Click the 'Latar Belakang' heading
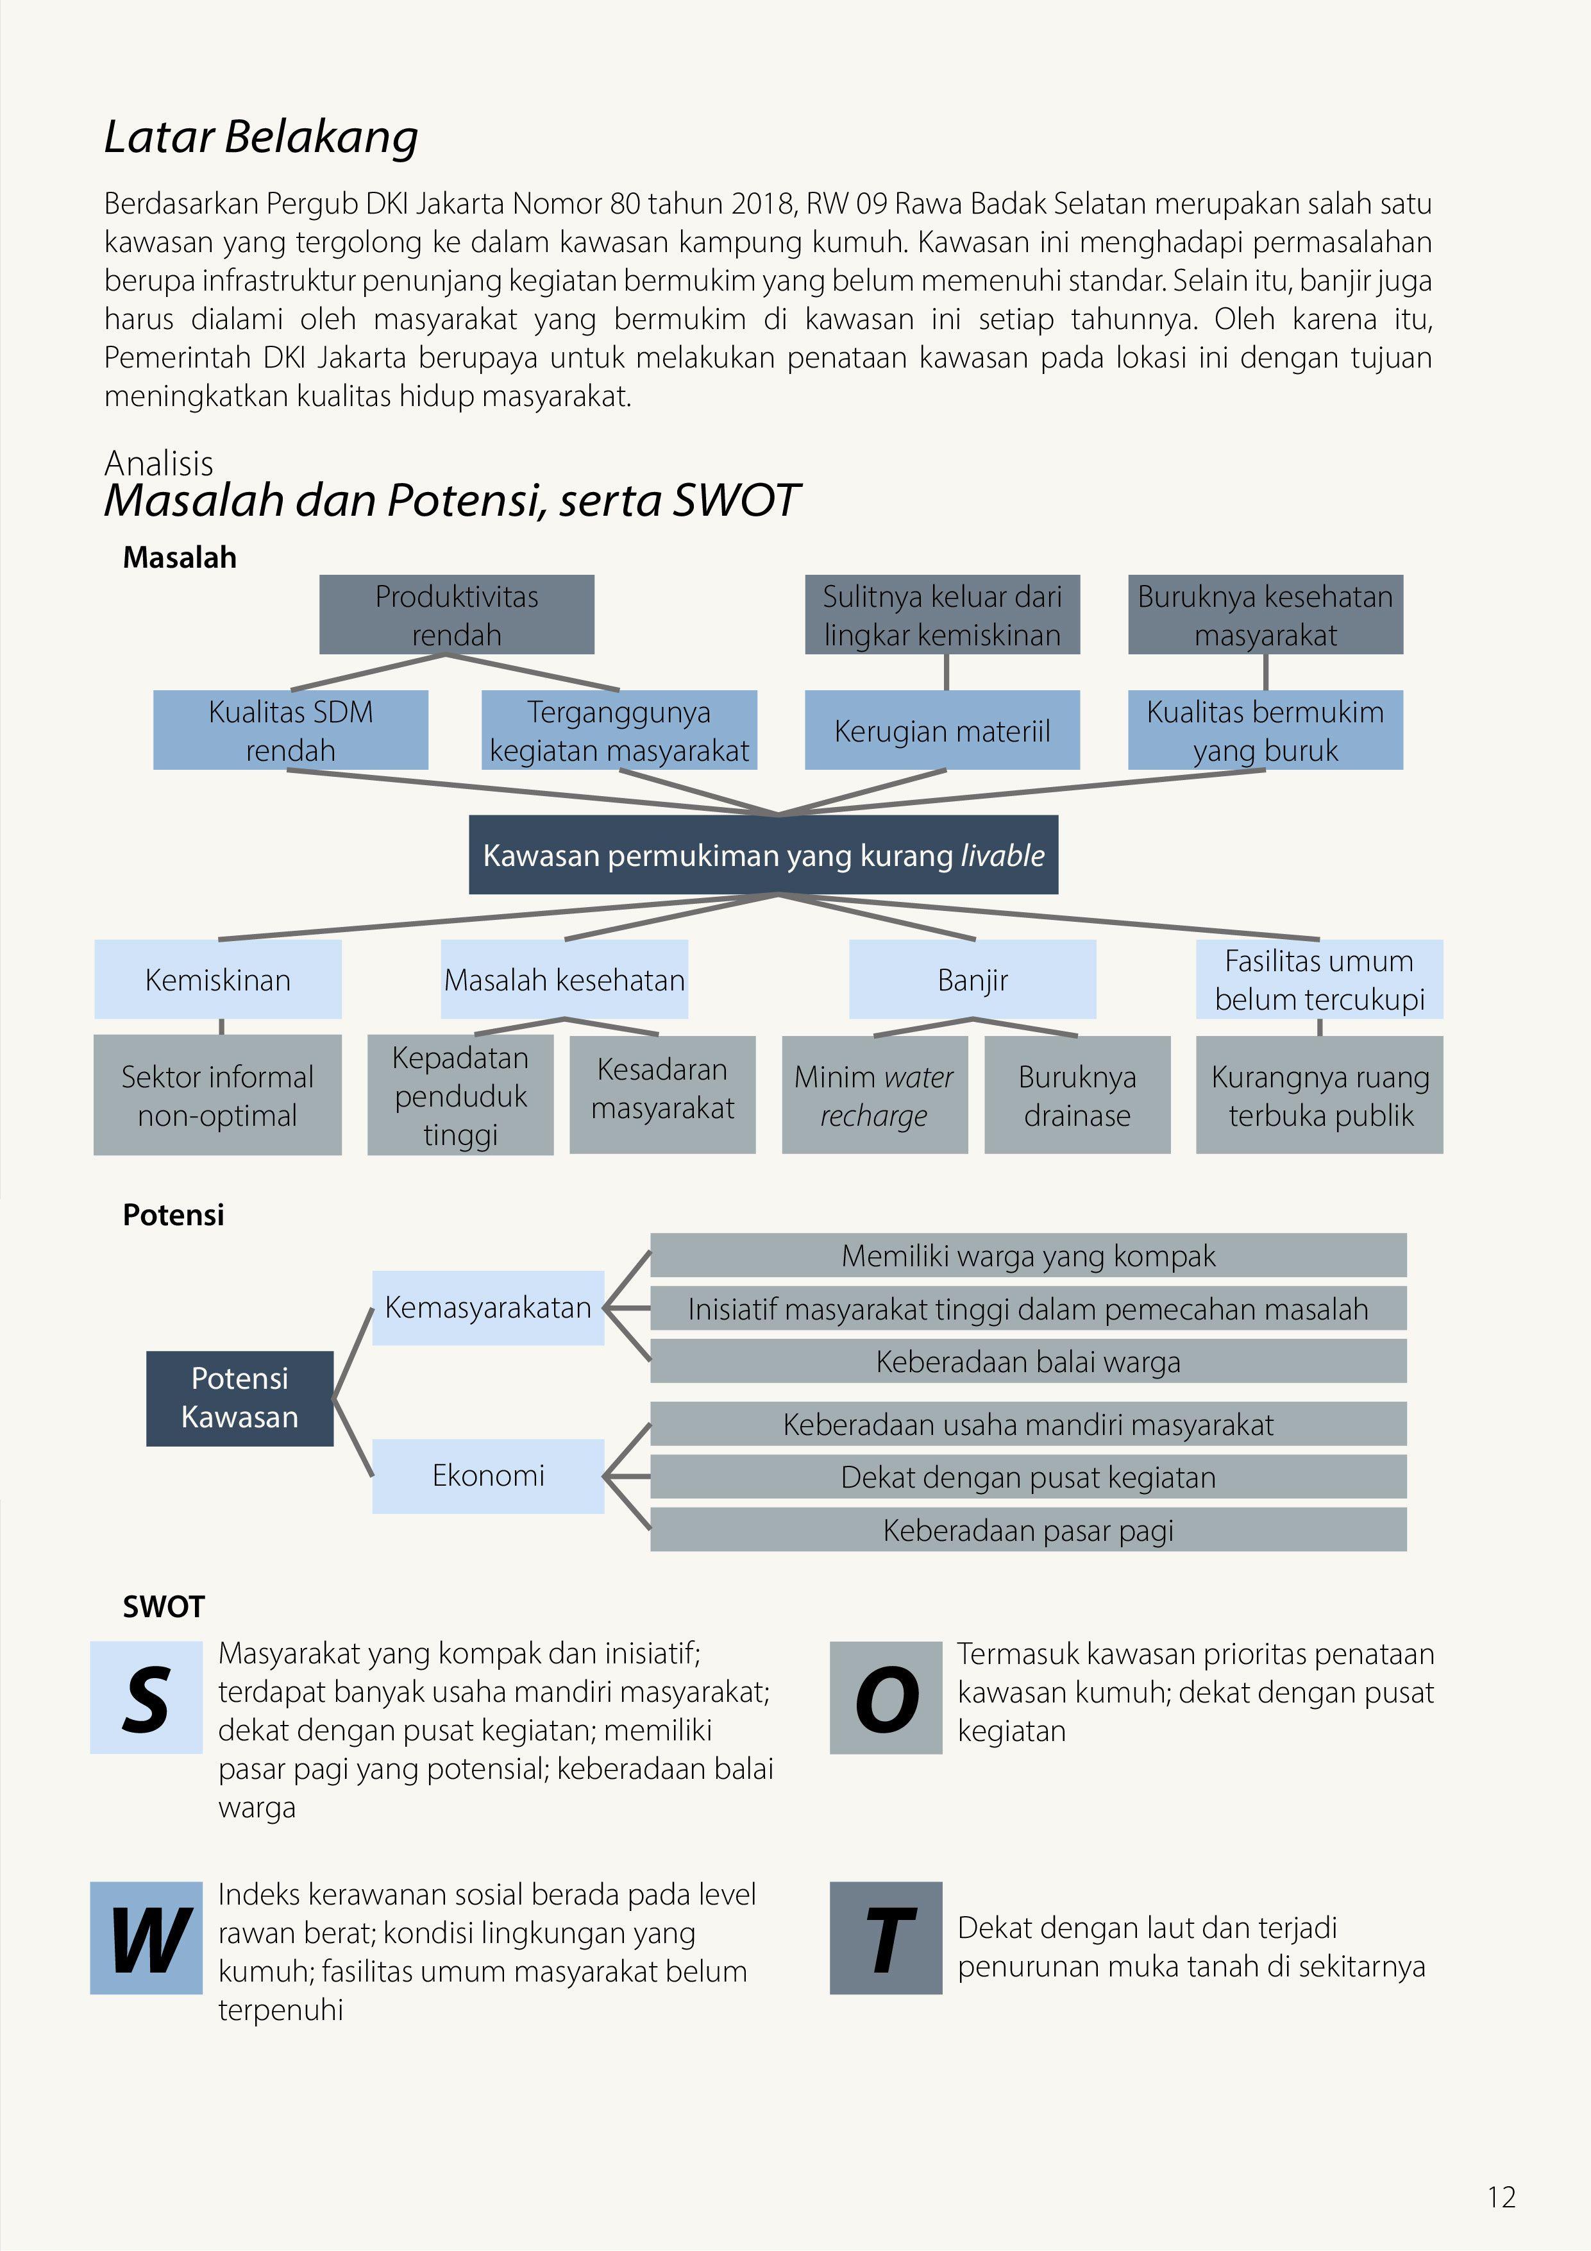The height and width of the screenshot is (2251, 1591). [x=261, y=137]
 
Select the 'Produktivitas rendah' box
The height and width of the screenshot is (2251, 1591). [x=456, y=615]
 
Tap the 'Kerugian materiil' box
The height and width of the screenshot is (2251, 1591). [x=941, y=731]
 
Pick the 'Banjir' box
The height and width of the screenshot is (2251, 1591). [x=972, y=980]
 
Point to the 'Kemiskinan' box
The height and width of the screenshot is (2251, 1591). [x=217, y=980]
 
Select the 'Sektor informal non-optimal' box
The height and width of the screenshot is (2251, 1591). [x=217, y=1095]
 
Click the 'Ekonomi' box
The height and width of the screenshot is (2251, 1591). [x=488, y=1475]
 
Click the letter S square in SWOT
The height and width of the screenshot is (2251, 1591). [x=146, y=1698]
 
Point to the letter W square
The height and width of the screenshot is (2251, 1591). [x=146, y=1938]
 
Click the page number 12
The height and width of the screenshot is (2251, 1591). [x=1501, y=2197]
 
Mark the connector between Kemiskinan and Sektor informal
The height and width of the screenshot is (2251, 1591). [x=221, y=1026]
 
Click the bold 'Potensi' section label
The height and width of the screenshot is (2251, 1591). [x=174, y=1215]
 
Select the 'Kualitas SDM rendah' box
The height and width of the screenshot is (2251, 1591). [x=290, y=731]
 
